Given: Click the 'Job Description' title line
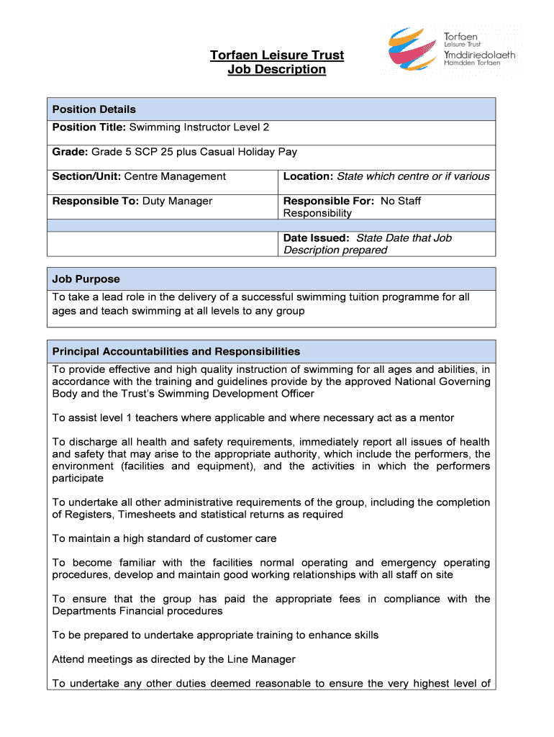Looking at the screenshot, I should pyautogui.click(x=276, y=70).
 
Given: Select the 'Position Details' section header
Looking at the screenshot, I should pyautogui.click(x=94, y=109).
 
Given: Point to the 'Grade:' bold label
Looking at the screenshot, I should pyautogui.click(x=70, y=152).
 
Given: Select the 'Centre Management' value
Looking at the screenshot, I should pyautogui.click(x=175, y=176).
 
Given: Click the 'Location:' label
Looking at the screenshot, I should pyautogui.click(x=309, y=176).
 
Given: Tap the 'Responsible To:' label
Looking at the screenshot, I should pyautogui.click(x=95, y=201).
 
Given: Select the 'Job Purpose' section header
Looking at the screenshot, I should pyautogui.click(x=86, y=279).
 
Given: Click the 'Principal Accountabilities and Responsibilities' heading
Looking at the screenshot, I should pyautogui.click(x=176, y=351).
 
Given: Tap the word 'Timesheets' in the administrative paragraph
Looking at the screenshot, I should pyautogui.click(x=147, y=515).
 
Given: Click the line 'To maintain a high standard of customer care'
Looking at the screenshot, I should pyautogui.click(x=164, y=538).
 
